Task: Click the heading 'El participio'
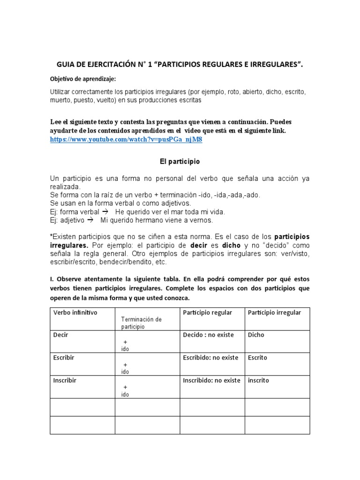(x=177, y=161)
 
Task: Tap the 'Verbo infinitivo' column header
(x=75, y=313)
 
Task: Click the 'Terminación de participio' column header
(x=141, y=322)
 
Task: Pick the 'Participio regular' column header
(x=207, y=313)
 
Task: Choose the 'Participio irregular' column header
(x=274, y=313)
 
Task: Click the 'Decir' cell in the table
(x=61, y=335)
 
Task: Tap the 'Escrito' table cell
(x=257, y=358)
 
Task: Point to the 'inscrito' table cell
(x=258, y=381)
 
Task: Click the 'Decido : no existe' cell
(x=210, y=335)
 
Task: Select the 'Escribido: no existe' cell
(x=211, y=358)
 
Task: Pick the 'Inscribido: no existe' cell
(x=211, y=381)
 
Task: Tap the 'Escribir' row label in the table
(x=64, y=358)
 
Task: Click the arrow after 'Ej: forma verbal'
(x=105, y=212)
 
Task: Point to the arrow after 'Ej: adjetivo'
(x=91, y=220)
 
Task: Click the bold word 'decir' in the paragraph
(x=198, y=246)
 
